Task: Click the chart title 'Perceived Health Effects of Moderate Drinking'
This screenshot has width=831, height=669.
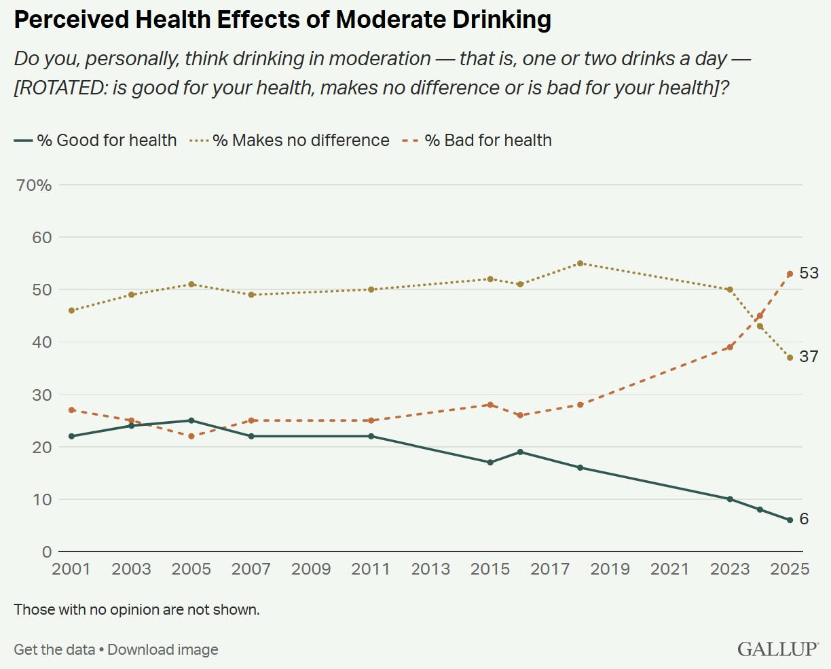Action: click(x=282, y=20)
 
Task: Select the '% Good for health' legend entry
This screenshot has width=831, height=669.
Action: click(x=95, y=141)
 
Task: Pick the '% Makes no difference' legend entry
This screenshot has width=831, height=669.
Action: click(x=292, y=141)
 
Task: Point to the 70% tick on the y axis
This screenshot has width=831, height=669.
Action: click(x=35, y=185)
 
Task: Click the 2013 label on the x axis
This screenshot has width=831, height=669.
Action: click(x=430, y=569)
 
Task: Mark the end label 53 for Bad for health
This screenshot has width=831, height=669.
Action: click(x=809, y=273)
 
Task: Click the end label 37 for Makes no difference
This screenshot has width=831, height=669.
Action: click(x=809, y=356)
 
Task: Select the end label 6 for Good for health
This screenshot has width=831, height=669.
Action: click(x=804, y=519)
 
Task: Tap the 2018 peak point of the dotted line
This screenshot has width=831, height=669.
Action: click(x=580, y=264)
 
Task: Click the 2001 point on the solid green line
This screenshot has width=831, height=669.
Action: click(x=71, y=436)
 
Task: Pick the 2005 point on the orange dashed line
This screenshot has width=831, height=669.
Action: click(x=191, y=436)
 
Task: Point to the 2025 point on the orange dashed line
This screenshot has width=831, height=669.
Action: click(x=790, y=274)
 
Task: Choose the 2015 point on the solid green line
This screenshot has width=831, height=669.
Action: click(x=490, y=463)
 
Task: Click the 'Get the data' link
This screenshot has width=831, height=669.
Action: click(x=54, y=649)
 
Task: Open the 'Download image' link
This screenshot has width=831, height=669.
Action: click(x=163, y=649)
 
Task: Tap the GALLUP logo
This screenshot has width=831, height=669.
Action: click(x=778, y=649)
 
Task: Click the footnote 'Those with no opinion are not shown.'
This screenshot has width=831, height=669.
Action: click(x=136, y=609)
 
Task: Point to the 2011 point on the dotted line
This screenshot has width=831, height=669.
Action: click(x=371, y=289)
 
